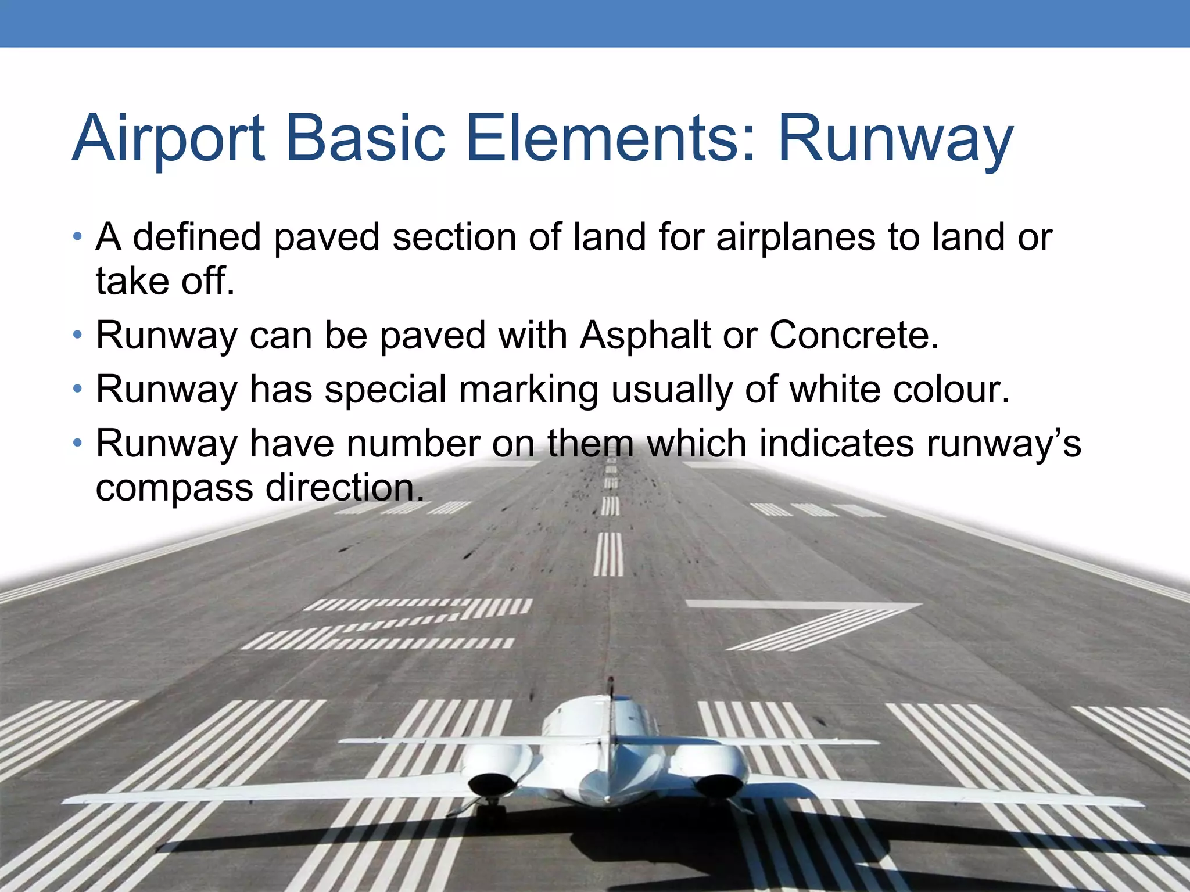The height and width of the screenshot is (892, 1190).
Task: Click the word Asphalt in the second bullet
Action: tap(645, 336)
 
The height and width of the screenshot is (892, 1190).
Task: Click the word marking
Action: tap(529, 390)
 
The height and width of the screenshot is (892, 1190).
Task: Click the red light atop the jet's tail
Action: tap(610, 679)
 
